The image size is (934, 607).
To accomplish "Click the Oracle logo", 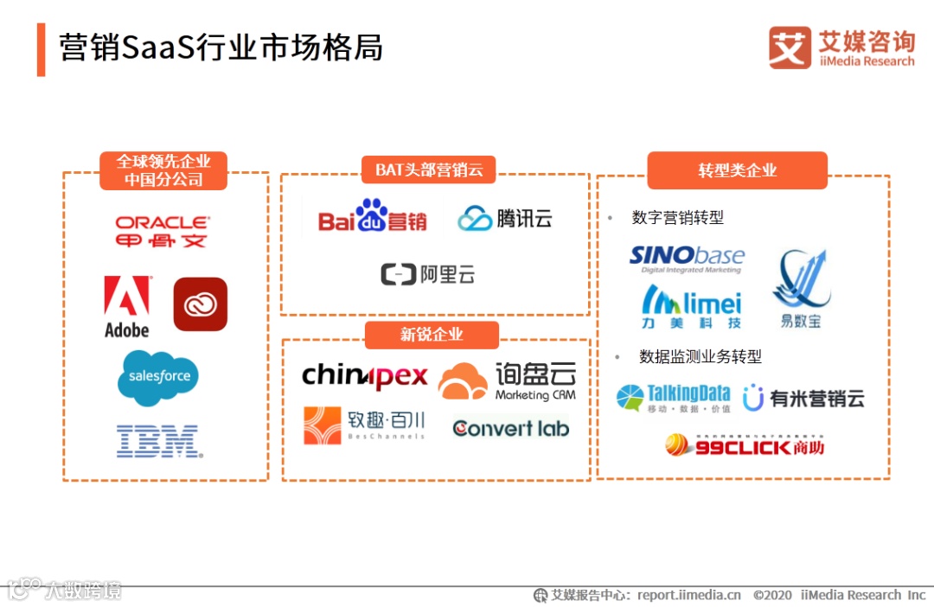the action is pyautogui.click(x=163, y=232).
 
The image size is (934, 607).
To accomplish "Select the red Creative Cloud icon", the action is pyautogui.click(x=200, y=304).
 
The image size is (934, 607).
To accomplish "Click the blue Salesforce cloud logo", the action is pyautogui.click(x=159, y=377).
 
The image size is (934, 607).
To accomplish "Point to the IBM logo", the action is pyautogui.click(x=158, y=440).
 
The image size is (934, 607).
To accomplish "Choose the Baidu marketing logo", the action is pyautogui.click(x=373, y=217).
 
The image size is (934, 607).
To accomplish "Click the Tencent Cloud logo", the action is pyautogui.click(x=505, y=218).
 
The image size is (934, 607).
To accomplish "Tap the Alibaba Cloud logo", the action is pyautogui.click(x=428, y=275).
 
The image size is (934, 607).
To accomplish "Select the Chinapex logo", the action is pyautogui.click(x=364, y=376).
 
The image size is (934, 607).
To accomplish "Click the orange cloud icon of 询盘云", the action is pyautogui.click(x=463, y=381).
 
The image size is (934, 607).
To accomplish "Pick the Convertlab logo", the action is pyautogui.click(x=510, y=428).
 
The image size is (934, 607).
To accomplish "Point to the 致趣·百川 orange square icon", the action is pyautogui.click(x=323, y=425).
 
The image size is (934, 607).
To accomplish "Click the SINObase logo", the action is pyautogui.click(x=687, y=257).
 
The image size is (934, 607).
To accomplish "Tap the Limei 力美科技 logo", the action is pyautogui.click(x=691, y=306).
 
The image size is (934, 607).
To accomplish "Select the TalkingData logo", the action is pyautogui.click(x=674, y=398).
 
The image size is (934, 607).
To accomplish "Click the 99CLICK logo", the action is pyautogui.click(x=744, y=445).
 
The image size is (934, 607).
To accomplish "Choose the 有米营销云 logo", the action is pyautogui.click(x=803, y=398).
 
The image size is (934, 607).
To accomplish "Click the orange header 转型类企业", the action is pyautogui.click(x=737, y=170).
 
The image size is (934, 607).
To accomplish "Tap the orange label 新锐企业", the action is pyautogui.click(x=432, y=335).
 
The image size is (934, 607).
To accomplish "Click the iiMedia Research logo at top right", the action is pyautogui.click(x=841, y=48).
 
